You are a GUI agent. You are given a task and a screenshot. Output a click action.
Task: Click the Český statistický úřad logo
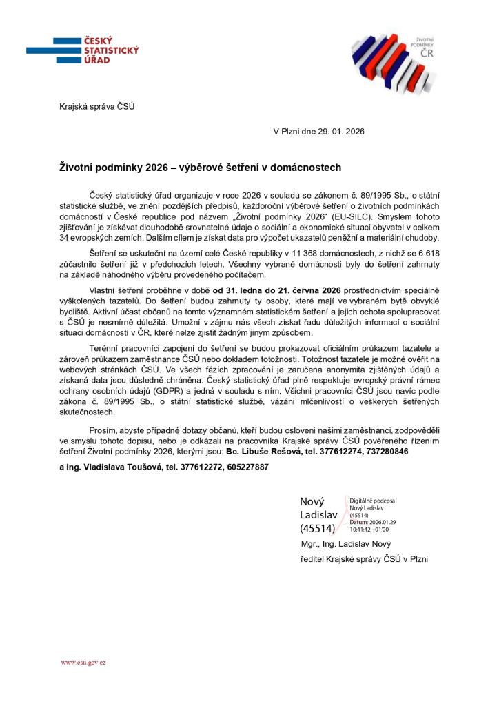pos(83,50)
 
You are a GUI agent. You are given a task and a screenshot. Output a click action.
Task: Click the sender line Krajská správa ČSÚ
pos(96,106)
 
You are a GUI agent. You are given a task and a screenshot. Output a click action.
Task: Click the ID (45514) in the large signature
pos(317,529)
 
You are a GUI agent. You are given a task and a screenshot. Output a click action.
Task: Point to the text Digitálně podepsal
pos(373,501)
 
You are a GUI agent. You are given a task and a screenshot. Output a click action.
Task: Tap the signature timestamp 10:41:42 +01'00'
pos(370,529)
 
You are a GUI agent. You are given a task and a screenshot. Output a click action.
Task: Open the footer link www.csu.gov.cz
pos(83,663)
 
